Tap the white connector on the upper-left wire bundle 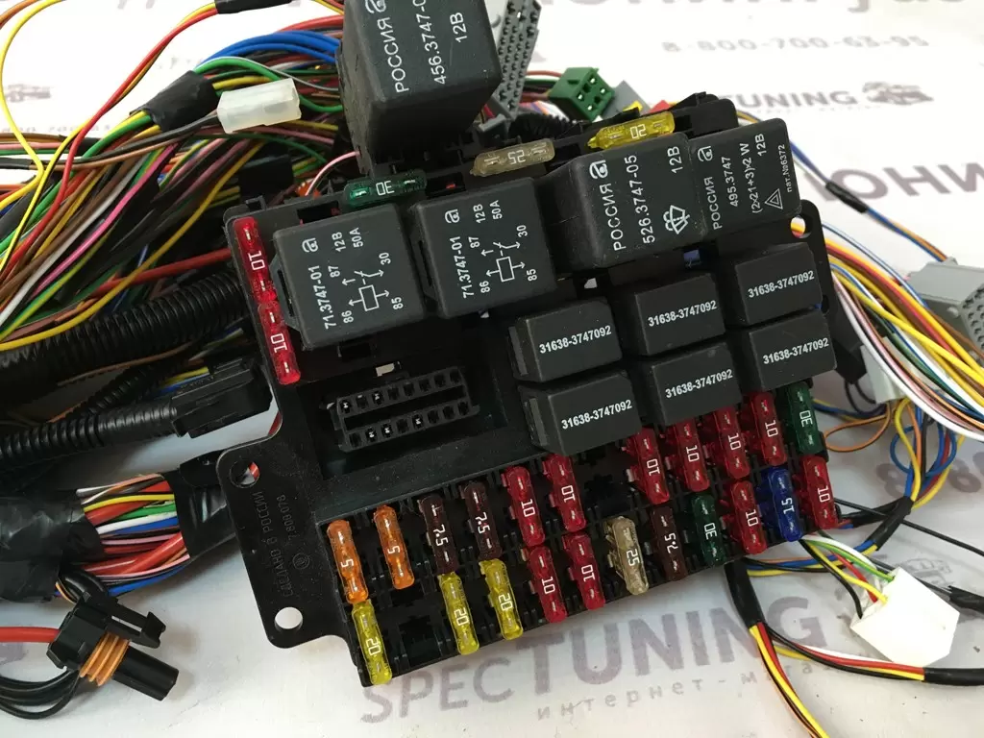[x=258, y=105]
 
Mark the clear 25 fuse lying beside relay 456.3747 [x=513, y=158]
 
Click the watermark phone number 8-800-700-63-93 [x=792, y=43]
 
